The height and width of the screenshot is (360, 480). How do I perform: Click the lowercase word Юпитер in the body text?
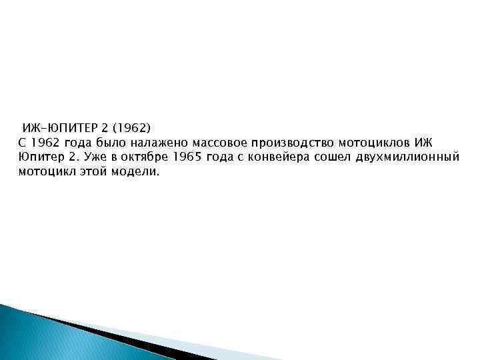pyautogui.click(x=39, y=157)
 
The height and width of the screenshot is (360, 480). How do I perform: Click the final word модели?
pyautogui.click(x=136, y=172)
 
